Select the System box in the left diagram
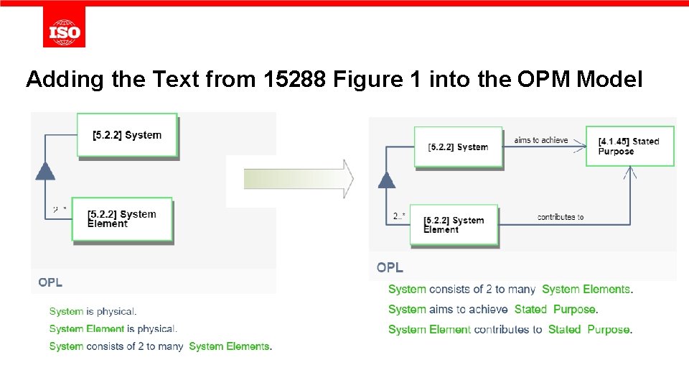(127, 135)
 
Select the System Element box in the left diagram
(122, 219)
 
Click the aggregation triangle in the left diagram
(45, 170)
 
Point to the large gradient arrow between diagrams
(298, 179)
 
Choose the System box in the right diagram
(457, 147)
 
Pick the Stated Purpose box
(629, 146)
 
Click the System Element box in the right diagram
(454, 225)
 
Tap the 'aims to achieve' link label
(541, 140)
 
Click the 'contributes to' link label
(561, 217)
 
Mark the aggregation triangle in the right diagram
(387, 179)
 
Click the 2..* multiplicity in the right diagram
(399, 216)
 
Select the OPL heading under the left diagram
(50, 282)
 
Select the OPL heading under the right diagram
(390, 267)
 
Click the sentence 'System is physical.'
(93, 311)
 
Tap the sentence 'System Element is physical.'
(113, 328)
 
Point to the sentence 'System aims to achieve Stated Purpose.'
(493, 310)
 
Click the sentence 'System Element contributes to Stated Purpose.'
(510, 330)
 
